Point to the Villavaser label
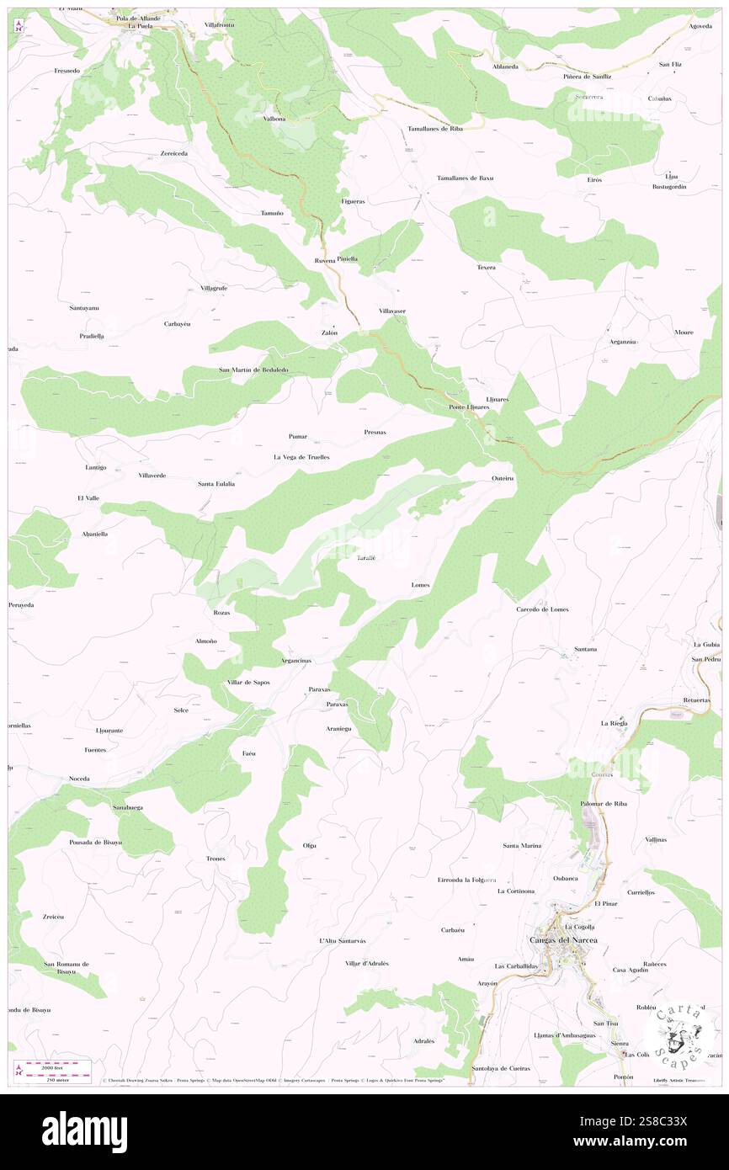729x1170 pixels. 392,311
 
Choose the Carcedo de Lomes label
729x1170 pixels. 542,609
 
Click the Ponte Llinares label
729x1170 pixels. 469,407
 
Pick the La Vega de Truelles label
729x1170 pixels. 301,456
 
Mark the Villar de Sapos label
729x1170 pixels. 248,682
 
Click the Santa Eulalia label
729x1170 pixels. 216,484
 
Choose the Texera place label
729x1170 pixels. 486,268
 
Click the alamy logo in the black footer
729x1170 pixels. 84,1130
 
